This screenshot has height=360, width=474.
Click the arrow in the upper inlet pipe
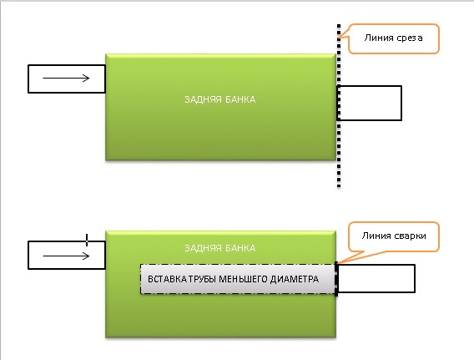[66, 79]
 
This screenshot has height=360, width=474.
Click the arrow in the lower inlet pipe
[66, 256]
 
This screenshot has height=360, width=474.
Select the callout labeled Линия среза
[393, 38]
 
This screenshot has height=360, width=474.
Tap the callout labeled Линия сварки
[394, 236]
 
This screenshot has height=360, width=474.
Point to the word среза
[409, 38]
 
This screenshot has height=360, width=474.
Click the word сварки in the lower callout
[411, 236]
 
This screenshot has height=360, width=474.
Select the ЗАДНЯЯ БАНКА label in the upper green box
[220, 99]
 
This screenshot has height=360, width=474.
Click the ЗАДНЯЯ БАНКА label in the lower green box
[220, 248]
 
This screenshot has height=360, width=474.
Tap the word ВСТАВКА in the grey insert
[167, 279]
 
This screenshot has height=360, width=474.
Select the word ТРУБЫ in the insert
[203, 279]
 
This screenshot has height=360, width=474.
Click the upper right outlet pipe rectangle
[370, 104]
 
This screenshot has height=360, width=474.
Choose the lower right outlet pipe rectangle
[376, 279]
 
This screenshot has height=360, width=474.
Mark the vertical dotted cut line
[339, 106]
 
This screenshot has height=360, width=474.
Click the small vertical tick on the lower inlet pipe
[87, 240]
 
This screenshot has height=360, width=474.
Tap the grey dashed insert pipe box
[238, 279]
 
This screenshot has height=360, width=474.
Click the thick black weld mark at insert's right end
[336, 279]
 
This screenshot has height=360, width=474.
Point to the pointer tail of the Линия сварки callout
[350, 257]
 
